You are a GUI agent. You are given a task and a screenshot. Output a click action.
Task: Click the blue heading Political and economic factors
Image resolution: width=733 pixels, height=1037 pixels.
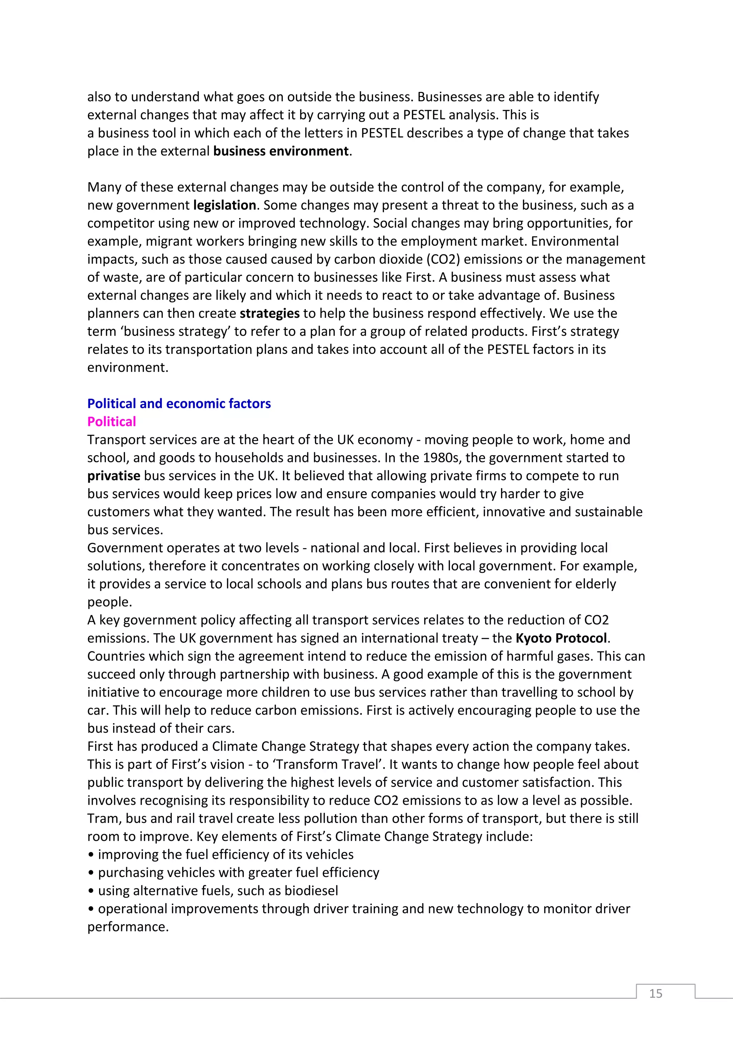click(179, 403)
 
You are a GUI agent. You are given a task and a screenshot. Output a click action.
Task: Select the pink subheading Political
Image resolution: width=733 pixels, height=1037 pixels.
click(112, 422)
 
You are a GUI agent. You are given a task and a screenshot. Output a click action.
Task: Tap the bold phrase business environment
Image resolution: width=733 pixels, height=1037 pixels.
click(281, 151)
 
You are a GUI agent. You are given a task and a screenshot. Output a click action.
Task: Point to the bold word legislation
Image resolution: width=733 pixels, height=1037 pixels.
click(224, 205)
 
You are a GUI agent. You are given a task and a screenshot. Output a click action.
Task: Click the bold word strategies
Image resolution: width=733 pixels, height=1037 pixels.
click(270, 313)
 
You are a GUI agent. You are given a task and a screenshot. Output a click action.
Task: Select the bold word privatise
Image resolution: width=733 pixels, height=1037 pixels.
click(114, 476)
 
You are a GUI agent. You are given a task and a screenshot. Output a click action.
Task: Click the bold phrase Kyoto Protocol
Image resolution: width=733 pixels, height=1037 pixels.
click(561, 638)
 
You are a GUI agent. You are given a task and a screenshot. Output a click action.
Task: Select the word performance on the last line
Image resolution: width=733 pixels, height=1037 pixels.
click(127, 927)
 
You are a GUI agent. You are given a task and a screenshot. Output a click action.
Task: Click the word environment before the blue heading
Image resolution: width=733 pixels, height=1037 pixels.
click(127, 367)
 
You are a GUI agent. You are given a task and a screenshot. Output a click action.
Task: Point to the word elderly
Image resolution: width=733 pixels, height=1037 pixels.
click(593, 584)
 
